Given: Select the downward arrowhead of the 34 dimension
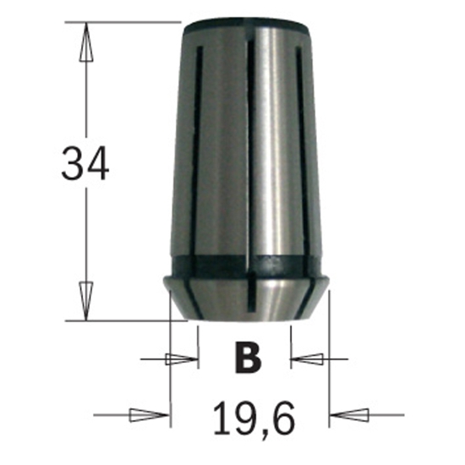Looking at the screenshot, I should click(x=85, y=300).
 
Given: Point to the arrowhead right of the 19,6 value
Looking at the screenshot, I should click(x=350, y=415).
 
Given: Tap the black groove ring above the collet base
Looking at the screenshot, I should click(x=249, y=263).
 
